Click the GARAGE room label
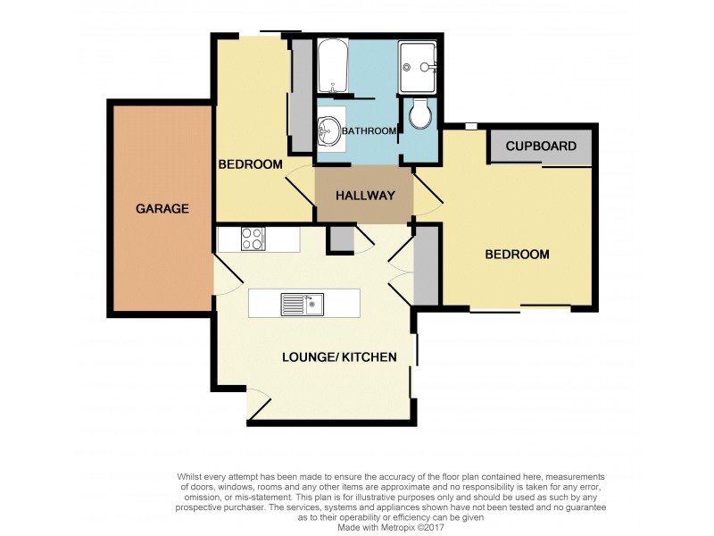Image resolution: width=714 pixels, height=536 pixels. point(162,209)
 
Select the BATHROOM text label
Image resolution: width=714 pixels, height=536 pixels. point(369,131)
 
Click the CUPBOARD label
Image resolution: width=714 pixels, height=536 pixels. point(541,147)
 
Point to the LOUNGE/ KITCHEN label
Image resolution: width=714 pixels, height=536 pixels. point(338,357)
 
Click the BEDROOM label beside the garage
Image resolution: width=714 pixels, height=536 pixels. point(251,164)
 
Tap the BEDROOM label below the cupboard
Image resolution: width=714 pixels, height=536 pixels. point(517,255)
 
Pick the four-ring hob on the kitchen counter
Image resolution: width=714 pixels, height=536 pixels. point(253,239)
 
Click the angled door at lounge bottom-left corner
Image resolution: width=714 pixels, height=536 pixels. point(259,406)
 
